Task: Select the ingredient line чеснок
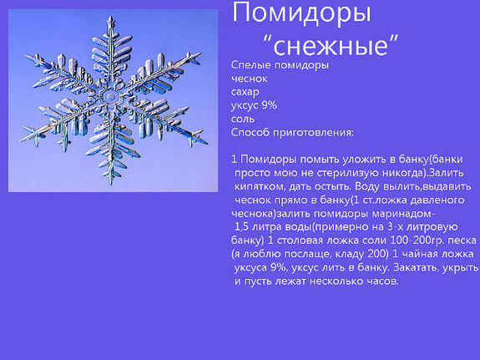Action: click(x=248, y=79)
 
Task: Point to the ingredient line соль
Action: click(x=243, y=119)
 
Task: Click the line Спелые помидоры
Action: click(x=279, y=65)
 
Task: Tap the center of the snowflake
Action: click(x=109, y=98)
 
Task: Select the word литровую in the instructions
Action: click(x=449, y=226)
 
